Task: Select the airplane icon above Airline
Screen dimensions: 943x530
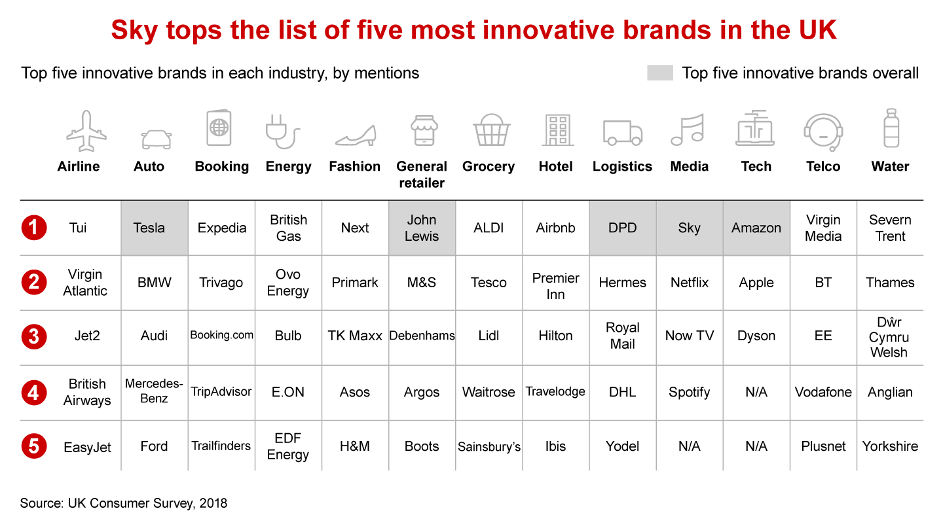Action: pos(86,130)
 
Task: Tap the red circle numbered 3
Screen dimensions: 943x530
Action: pos(33,336)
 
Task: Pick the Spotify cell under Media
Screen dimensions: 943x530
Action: pos(689,392)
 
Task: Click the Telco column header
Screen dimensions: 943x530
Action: pos(823,166)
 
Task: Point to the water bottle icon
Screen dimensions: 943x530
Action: pos(891,128)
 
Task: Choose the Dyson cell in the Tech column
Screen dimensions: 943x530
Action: pos(756,336)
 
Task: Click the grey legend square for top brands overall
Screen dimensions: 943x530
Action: pos(659,73)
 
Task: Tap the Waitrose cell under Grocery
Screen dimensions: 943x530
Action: pos(489,392)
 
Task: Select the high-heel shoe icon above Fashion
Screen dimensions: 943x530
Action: pos(356,135)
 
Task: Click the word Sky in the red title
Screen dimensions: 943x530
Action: pos(134,30)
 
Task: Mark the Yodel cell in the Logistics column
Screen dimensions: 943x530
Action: pos(622,446)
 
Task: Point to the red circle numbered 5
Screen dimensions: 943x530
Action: pos(33,446)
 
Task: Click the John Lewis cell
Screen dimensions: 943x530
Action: pos(422,228)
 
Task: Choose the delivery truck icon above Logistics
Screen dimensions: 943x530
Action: pos(623,132)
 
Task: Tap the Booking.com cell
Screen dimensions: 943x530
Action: pos(221,335)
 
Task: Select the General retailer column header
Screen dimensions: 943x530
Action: pos(422,175)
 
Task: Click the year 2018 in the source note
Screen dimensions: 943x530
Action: pos(213,503)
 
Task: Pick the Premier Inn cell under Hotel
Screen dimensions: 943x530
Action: pos(555,286)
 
